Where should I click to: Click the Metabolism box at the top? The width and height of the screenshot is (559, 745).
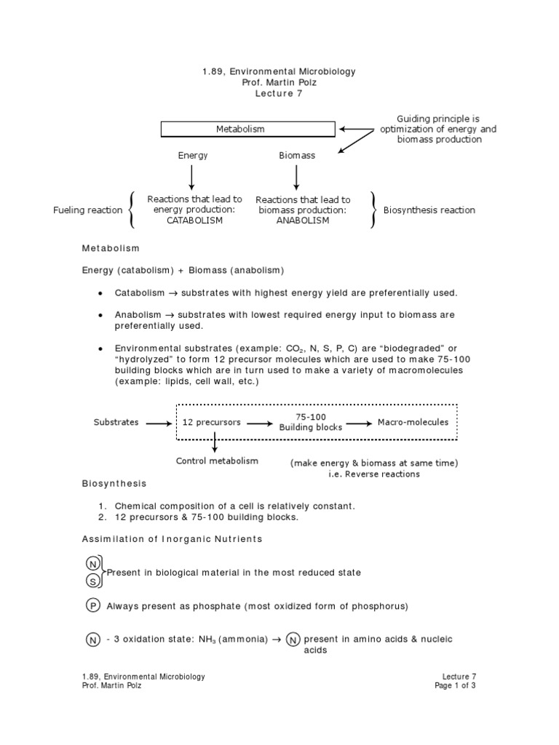click(247, 130)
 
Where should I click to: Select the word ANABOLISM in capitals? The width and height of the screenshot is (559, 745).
click(302, 220)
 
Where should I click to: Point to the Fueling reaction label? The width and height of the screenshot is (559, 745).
click(88, 210)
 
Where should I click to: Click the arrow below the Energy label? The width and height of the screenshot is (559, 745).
click(192, 177)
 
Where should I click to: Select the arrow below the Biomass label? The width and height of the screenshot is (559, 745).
click(296, 177)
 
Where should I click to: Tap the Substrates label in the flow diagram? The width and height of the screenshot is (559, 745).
click(116, 422)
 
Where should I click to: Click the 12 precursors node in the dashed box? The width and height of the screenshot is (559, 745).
click(211, 422)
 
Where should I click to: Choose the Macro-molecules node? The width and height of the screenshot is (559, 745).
click(413, 422)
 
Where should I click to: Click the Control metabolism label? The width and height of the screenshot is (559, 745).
click(217, 461)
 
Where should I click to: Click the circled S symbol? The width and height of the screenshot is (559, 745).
click(92, 581)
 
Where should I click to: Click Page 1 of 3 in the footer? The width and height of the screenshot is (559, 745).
click(455, 685)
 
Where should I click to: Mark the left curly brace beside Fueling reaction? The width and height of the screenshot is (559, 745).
click(131, 210)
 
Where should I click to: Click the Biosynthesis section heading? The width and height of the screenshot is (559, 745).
click(114, 483)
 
